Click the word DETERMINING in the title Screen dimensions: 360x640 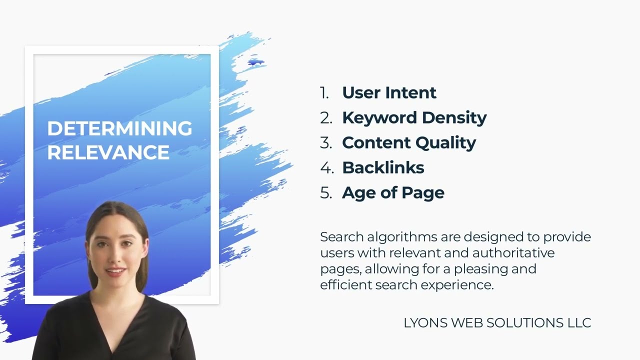click(119, 128)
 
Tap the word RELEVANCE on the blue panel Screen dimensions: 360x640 click(108, 152)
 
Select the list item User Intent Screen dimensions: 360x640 click(389, 92)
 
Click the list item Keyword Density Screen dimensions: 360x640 click(414, 117)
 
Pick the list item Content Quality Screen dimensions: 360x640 click(408, 142)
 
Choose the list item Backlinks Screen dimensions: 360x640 click(383, 167)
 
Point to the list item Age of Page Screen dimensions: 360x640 click(393, 192)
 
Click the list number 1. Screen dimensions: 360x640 click(325, 92)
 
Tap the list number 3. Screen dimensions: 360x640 click(326, 142)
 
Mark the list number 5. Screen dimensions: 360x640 click(326, 192)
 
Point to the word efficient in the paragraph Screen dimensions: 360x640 click(344, 284)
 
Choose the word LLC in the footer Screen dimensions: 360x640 click(579, 323)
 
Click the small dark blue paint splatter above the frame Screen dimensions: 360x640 click(255, 62)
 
